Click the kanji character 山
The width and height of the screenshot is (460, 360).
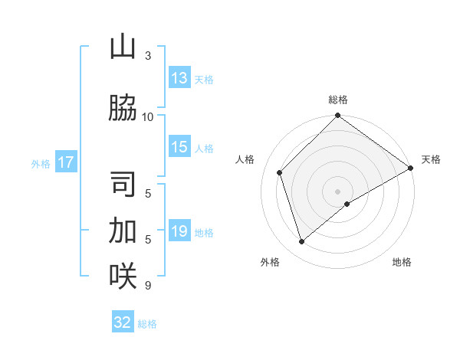(123, 48)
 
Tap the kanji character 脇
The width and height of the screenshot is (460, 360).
(123, 108)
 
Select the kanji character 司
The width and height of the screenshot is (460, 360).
(123, 185)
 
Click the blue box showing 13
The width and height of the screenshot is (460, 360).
(179, 78)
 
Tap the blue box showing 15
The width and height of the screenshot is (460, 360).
(179, 148)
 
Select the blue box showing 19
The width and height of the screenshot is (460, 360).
(179, 232)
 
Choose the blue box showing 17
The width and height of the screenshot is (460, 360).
(65, 162)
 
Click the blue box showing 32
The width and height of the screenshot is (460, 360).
(123, 322)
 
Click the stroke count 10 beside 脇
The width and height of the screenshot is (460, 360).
(148, 116)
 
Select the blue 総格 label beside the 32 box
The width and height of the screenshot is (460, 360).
(147, 324)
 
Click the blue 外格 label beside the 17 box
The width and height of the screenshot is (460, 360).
(41, 163)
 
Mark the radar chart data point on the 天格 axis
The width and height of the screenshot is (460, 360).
(411, 169)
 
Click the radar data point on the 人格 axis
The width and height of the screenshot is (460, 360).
(280, 172)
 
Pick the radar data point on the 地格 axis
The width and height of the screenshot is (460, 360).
(347, 204)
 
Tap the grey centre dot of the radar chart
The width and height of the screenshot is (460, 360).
(337, 191)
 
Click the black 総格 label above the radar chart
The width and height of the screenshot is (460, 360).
(338, 100)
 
